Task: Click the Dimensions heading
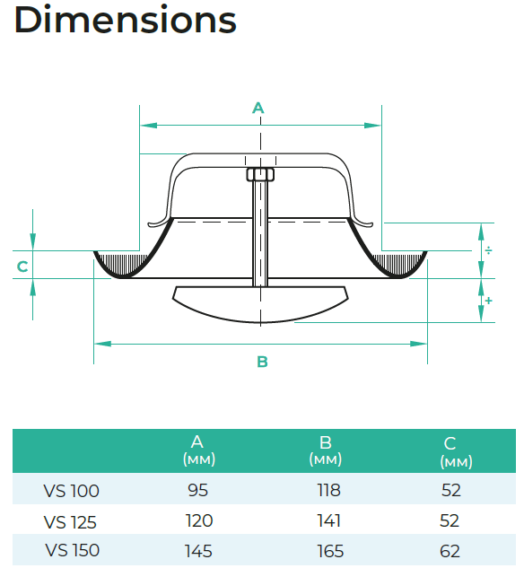[x=126, y=20]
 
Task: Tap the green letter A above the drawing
[x=258, y=108]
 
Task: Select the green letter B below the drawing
[x=262, y=362]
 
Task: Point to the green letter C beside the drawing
[x=22, y=267]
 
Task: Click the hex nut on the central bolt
[x=260, y=175]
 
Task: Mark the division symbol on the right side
[x=489, y=250]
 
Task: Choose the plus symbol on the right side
[x=489, y=301]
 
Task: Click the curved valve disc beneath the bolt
[x=260, y=303]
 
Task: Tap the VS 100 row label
[x=72, y=491]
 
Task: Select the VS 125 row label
[x=70, y=522]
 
